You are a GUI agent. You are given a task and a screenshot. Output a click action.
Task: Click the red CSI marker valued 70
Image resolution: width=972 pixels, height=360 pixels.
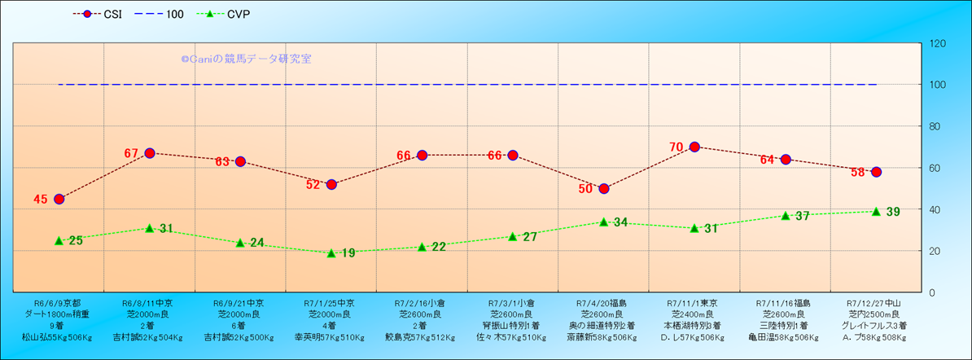[694, 147]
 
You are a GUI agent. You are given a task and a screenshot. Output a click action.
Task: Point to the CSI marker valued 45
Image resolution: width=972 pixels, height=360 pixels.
[59, 199]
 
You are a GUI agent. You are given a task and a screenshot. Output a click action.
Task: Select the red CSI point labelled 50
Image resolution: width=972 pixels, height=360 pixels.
[604, 188]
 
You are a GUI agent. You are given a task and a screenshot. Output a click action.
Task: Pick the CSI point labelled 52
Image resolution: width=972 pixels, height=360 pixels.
[331, 184]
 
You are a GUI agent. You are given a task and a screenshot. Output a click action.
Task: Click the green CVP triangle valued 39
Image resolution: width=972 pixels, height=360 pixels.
[876, 211]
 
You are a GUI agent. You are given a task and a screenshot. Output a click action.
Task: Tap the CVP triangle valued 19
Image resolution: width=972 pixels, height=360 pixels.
[331, 253]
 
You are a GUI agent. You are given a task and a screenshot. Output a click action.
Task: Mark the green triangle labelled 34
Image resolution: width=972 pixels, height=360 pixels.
[604, 222]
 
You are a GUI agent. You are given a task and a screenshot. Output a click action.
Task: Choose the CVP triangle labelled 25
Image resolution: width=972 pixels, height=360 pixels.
[59, 240]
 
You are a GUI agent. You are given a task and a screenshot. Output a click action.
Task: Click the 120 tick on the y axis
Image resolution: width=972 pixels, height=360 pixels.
[937, 43]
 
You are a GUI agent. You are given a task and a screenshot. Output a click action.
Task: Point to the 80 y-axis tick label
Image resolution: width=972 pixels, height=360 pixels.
[935, 126]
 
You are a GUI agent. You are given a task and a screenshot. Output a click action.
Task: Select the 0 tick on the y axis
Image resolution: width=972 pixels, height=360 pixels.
[931, 292]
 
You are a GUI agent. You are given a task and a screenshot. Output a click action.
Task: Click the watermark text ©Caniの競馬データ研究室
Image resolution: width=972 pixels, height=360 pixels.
[246, 59]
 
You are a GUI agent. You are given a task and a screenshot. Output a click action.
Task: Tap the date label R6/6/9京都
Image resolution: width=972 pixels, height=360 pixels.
[58, 301]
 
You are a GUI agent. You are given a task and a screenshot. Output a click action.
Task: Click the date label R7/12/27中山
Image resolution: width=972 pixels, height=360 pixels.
[875, 301]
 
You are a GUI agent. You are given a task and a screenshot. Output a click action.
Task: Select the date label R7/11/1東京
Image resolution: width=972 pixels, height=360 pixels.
[694, 301]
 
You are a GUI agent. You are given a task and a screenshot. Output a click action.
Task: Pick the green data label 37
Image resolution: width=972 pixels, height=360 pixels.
[802, 217]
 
